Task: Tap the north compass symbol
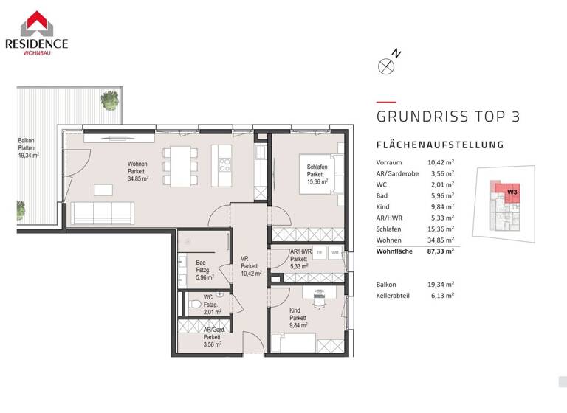click(x=386, y=66)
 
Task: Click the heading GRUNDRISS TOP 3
click(x=448, y=117)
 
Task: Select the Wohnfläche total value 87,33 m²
click(x=440, y=251)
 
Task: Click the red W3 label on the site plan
click(x=512, y=191)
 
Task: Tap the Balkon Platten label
click(x=28, y=147)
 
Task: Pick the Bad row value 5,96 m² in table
click(x=440, y=195)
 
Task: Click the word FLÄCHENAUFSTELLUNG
click(x=440, y=145)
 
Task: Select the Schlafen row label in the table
click(x=389, y=229)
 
